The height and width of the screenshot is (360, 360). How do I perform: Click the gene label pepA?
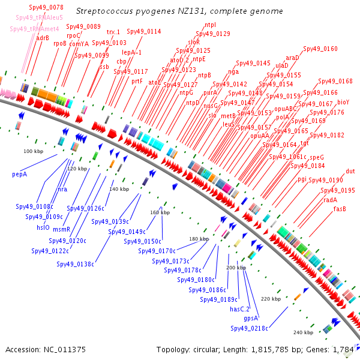tap(20, 175)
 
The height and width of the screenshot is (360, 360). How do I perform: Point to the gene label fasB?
tap(340, 209)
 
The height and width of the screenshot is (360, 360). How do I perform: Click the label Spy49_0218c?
tap(249, 328)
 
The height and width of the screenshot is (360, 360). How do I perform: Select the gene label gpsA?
tap(251, 318)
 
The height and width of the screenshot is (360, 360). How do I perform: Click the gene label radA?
tap(330, 200)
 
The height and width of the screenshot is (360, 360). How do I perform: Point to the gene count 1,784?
tap(343, 349)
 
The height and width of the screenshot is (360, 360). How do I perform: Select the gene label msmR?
tap(61, 229)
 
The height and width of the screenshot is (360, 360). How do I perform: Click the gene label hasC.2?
tap(240, 309)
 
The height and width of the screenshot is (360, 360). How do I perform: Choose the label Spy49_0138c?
tap(76, 263)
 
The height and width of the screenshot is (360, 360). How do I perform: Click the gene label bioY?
tap(343, 103)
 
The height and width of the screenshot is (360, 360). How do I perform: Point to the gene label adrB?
tap(43, 38)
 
